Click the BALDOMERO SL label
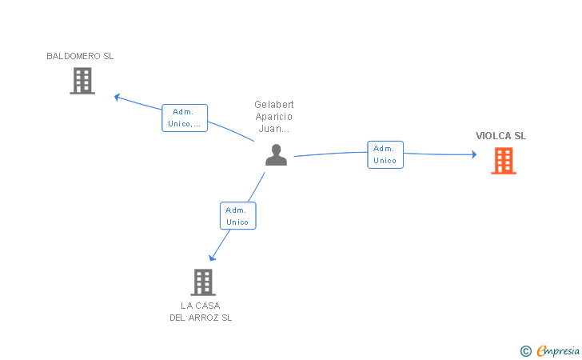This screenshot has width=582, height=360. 80,56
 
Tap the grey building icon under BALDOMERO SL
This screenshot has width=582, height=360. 82,81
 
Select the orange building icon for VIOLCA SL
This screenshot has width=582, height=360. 503,161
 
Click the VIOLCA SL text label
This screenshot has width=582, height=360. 501,136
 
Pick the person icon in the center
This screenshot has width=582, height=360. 276,155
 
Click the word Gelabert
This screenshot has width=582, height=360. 274,105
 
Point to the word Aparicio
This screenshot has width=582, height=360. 274,117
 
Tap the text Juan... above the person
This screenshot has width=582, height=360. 274,128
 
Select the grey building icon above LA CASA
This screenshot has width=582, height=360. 203,282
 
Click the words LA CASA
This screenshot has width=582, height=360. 200,306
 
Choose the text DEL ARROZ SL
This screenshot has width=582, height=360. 200,318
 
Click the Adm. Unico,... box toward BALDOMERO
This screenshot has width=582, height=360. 185,118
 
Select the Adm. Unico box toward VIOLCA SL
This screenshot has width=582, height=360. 385,154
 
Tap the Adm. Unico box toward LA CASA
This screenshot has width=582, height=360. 237,216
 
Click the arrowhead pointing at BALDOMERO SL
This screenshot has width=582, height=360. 117,97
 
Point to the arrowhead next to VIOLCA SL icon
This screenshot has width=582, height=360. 473,154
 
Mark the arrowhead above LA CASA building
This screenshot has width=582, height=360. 212,258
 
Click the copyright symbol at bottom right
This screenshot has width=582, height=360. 525,350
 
